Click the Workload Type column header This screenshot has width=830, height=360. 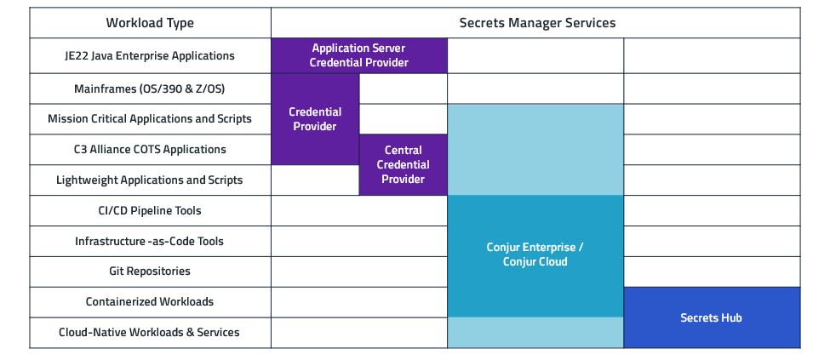click(x=150, y=23)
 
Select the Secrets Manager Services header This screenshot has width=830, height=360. click(x=536, y=23)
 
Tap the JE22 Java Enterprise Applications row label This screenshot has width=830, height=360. click(x=150, y=56)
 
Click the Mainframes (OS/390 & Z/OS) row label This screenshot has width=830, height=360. click(x=150, y=89)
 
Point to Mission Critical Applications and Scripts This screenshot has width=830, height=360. click(x=150, y=119)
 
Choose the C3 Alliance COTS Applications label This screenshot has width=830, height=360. click(x=150, y=150)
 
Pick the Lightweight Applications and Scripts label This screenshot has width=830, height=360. click(x=150, y=180)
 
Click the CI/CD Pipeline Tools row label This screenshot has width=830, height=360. click(x=150, y=210)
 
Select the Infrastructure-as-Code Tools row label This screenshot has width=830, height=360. click(x=150, y=242)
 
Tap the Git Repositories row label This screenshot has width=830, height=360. click(x=150, y=271)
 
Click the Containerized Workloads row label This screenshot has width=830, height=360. click(x=150, y=302)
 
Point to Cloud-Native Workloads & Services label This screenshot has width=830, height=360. click(x=150, y=333)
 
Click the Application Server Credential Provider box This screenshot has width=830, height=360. click(x=358, y=56)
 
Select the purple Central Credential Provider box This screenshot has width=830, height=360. click(x=403, y=165)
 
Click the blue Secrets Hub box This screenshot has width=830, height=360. click(x=711, y=317)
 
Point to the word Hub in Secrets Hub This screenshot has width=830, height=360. click(x=730, y=317)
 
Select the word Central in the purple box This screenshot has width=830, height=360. click(x=403, y=151)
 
